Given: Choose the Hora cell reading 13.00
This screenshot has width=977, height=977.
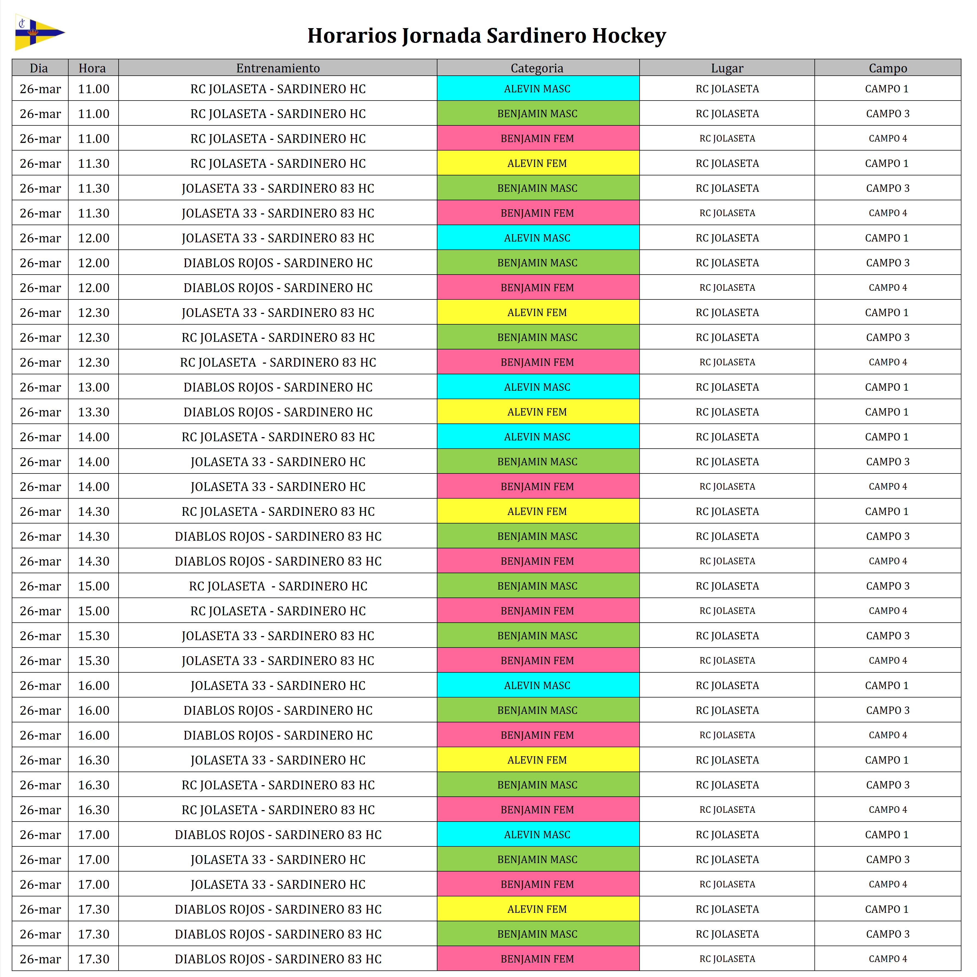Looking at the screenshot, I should coord(93,387).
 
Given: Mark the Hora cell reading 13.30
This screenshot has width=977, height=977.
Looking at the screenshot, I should coord(93,412).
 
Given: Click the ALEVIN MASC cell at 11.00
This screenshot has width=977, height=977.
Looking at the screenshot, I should coord(537,89).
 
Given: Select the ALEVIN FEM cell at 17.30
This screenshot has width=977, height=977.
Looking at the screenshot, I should coord(537,909).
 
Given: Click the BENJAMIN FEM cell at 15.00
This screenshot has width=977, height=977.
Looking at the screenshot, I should coord(537,611).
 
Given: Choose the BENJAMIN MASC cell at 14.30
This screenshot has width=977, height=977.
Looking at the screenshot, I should coord(537,537).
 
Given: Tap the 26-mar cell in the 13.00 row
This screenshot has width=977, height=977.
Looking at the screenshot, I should coord(40,387).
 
